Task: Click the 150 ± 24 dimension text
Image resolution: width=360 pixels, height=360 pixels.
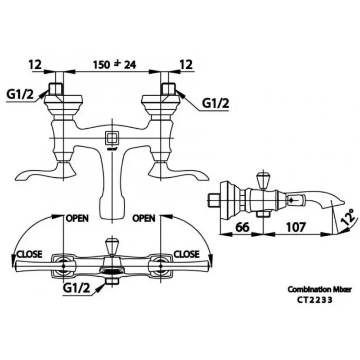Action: (114, 64)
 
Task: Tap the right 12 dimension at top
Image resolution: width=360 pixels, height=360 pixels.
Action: (185, 64)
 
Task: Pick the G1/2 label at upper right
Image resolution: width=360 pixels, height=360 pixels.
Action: (215, 103)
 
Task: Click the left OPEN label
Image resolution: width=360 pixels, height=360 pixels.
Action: (77, 218)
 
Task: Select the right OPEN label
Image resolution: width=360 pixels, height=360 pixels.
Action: (144, 218)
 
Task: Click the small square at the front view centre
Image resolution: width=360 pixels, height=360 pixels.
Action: (111, 137)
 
